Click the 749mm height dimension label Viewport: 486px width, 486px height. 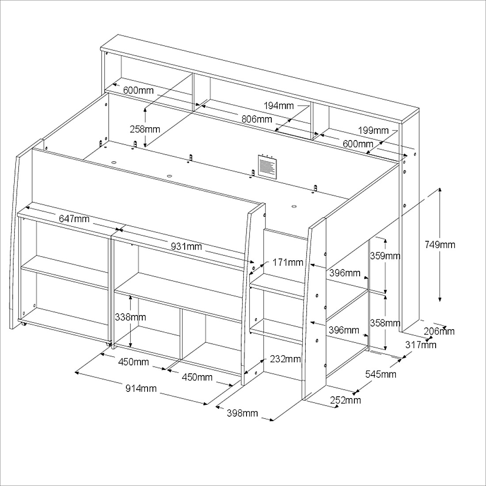tap(440, 245)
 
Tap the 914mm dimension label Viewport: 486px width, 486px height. tap(141, 388)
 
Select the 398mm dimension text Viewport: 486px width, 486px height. tap(243, 413)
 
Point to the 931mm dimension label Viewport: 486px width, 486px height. tap(186, 247)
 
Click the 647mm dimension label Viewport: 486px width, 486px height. tap(74, 219)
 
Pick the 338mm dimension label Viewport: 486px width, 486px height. tap(130, 317)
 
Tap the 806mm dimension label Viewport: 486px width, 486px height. tap(257, 119)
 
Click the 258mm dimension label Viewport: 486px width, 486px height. tap(145, 129)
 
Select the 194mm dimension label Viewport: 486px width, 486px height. tap(279, 106)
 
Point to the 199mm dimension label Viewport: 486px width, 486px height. tap(373, 130)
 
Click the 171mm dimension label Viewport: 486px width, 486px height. tap(288, 262)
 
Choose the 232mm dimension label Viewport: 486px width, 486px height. tap(285, 359)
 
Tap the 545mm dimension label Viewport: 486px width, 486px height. tap(380, 374)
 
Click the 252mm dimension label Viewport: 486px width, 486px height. tap(346, 400)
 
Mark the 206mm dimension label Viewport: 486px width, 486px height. tap(439, 331)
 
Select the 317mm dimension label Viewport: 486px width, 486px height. tap(421, 345)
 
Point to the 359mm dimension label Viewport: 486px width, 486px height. tap(385, 256)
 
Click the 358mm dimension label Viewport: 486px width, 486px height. tap(385, 323)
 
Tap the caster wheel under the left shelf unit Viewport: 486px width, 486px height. tap(23, 324)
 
